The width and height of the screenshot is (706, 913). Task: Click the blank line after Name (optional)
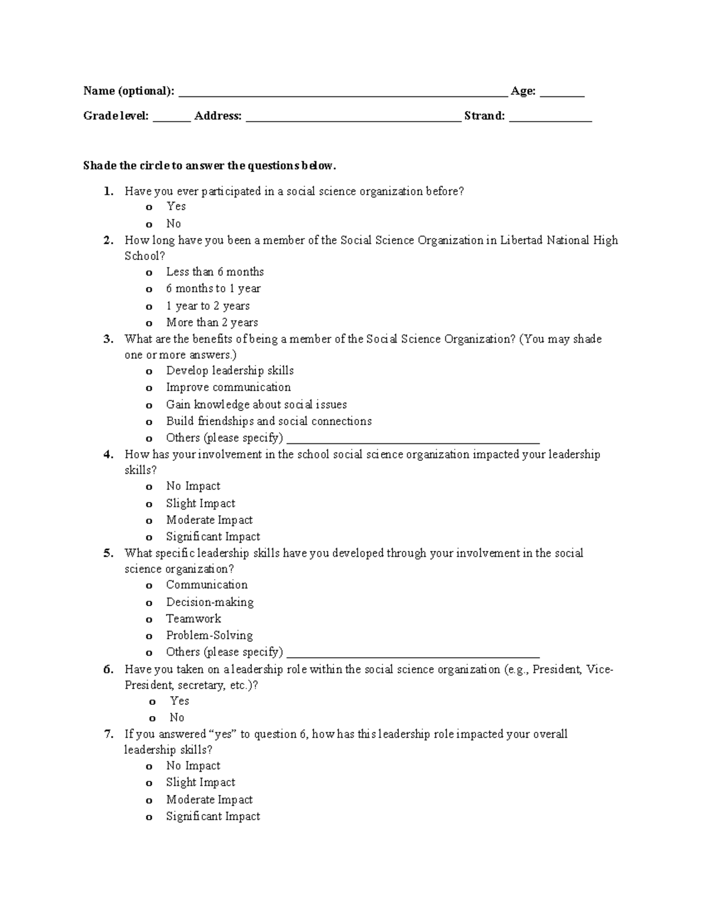[x=342, y=93]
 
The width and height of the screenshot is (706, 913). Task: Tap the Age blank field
[x=562, y=93]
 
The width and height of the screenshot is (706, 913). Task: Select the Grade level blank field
[x=172, y=118]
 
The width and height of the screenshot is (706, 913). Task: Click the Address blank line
[x=353, y=118]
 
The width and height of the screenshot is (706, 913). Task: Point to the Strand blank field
[x=550, y=118]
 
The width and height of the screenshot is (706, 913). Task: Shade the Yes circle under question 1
[x=149, y=208]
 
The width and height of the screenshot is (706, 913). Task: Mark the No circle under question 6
[x=152, y=718]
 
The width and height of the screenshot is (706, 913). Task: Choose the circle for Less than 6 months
[x=149, y=273]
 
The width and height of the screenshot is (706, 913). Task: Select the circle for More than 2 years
[x=149, y=323]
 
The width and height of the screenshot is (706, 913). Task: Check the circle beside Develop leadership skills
[x=149, y=372]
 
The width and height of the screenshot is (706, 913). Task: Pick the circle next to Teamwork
[x=149, y=620]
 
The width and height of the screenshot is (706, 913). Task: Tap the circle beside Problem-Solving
[x=149, y=636]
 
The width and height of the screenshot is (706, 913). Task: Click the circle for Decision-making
[x=149, y=603]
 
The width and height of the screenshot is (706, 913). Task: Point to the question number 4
[x=108, y=454]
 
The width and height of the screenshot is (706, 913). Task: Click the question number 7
[x=108, y=734]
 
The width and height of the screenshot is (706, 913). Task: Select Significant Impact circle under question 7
[x=149, y=817]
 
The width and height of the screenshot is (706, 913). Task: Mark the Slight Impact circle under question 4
[x=149, y=504]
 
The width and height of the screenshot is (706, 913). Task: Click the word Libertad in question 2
[x=521, y=240]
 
